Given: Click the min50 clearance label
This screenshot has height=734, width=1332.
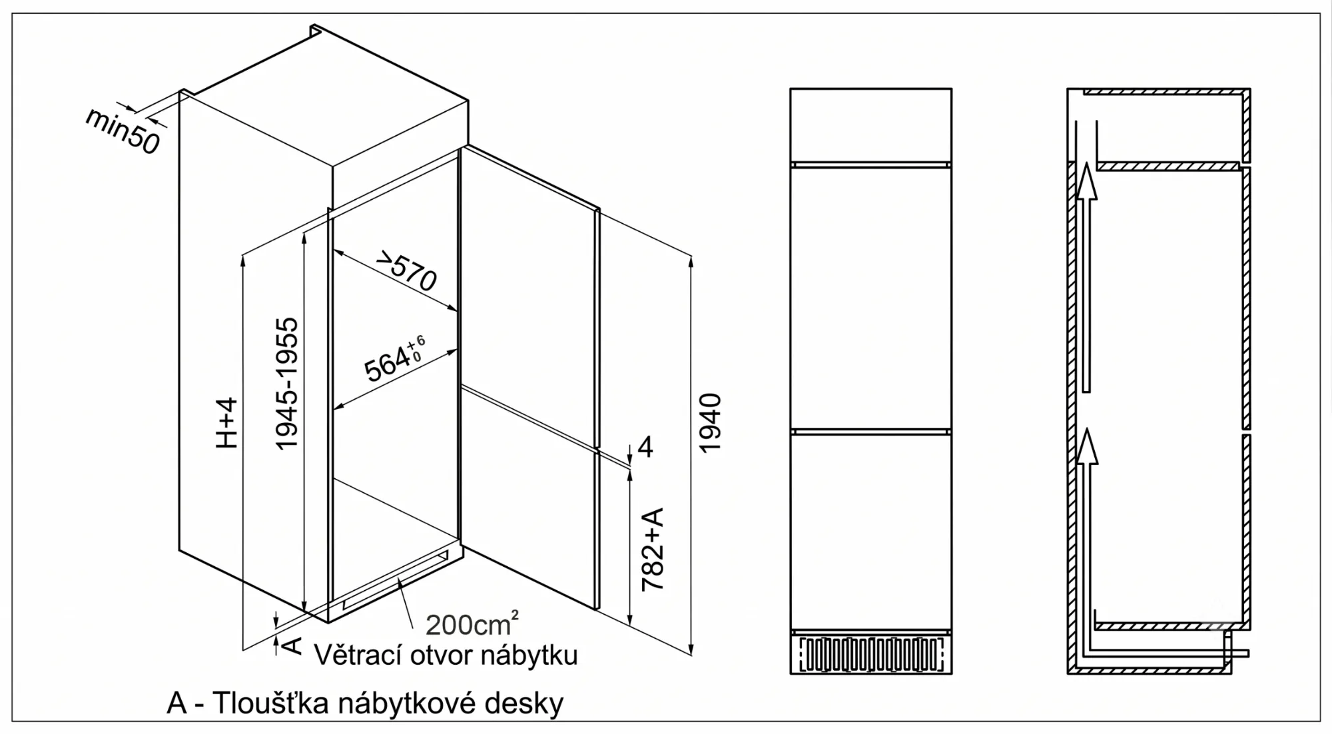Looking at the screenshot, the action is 123,131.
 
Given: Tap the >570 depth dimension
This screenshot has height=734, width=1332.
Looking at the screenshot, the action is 406,270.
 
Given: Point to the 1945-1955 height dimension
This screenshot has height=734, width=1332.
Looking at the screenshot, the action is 287,383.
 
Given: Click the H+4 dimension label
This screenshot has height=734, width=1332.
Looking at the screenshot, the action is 227,422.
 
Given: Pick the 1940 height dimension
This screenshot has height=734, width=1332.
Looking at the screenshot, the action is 710,422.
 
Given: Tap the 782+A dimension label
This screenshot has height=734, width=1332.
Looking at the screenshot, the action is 653,549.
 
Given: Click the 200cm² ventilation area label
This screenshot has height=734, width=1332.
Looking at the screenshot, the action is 472,623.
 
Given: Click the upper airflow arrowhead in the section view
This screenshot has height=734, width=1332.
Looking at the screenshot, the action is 1086,181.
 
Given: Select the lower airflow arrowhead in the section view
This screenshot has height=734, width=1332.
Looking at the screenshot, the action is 1086,446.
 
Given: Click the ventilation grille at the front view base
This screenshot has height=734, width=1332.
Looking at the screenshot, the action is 870,655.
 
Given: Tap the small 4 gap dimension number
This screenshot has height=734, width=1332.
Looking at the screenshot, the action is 645,447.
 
